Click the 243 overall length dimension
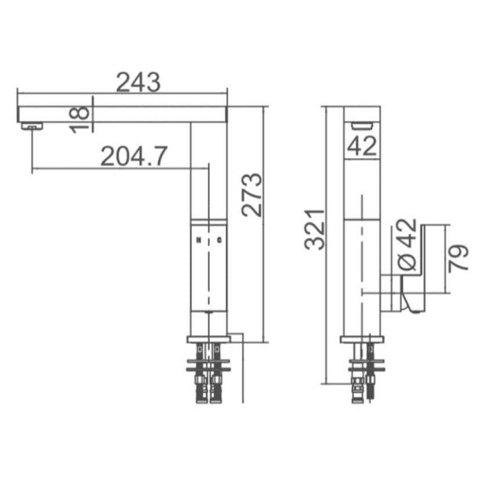(x=139, y=81)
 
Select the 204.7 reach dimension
(x=133, y=156)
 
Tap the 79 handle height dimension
(x=457, y=259)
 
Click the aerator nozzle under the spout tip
(x=31, y=125)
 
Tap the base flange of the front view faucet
(x=209, y=338)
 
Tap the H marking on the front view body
(x=198, y=241)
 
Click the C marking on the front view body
(x=219, y=241)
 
